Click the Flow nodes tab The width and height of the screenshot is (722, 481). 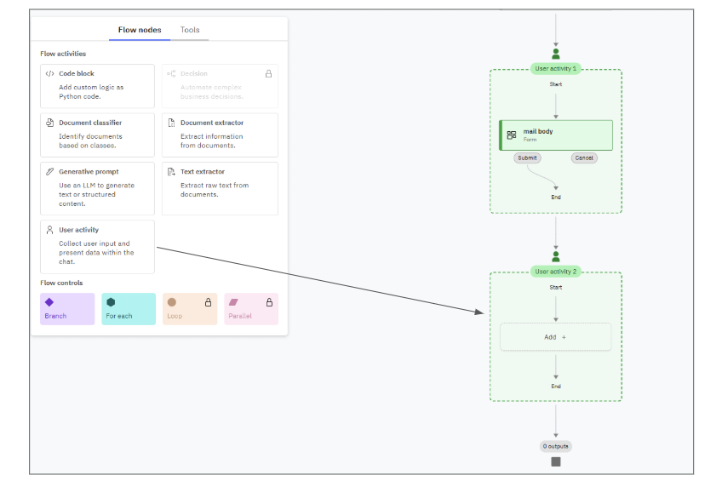pos(140,30)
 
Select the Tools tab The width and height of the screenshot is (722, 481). pos(190,30)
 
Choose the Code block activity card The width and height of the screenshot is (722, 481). pos(97,85)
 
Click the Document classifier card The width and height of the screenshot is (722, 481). pos(97,135)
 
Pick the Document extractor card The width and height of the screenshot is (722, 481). pos(220,135)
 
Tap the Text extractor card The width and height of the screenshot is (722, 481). pos(220,184)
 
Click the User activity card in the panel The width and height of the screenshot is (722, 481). pos(97,247)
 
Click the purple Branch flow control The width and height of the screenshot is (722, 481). pos(67,309)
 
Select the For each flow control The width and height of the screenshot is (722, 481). pos(129,309)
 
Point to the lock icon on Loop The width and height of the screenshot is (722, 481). pos(208,302)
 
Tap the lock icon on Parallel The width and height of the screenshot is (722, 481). pos(269,302)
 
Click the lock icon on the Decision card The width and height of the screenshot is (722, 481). pos(269,74)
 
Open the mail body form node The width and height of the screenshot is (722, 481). pos(556,135)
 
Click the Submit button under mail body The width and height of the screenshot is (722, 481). pos(527,157)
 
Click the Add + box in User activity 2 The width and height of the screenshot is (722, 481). pos(555,337)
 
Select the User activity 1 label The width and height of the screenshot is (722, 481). pos(555,68)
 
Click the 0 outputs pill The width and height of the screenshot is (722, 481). pos(556,446)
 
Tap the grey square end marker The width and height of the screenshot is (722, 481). pos(556,461)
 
